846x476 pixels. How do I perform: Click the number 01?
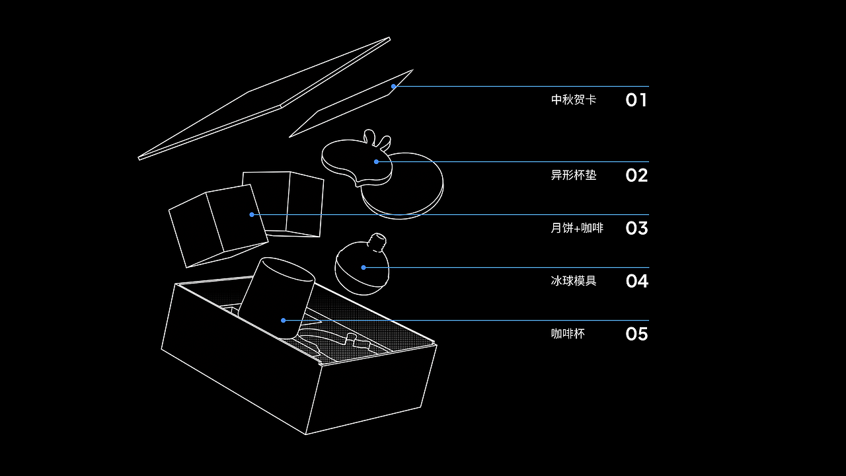click(x=636, y=100)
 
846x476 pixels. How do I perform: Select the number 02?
click(x=636, y=175)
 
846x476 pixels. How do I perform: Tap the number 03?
click(x=636, y=228)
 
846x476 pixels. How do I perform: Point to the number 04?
click(x=636, y=281)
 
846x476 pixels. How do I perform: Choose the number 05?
click(x=636, y=334)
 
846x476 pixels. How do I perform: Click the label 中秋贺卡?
click(x=574, y=100)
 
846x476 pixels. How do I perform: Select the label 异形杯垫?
click(x=574, y=175)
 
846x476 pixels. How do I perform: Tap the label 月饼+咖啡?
click(x=577, y=228)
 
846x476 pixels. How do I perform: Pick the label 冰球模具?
click(x=574, y=281)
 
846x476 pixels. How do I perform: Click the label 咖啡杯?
click(x=568, y=334)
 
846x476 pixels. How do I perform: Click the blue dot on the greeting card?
click(x=393, y=87)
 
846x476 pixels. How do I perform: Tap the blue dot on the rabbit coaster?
click(x=376, y=161)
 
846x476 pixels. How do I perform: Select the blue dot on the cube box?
click(x=252, y=214)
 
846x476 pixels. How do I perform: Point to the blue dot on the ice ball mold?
click(x=364, y=267)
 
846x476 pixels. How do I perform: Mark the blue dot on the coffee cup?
click(x=284, y=320)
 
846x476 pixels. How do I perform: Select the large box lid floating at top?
click(x=264, y=99)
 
